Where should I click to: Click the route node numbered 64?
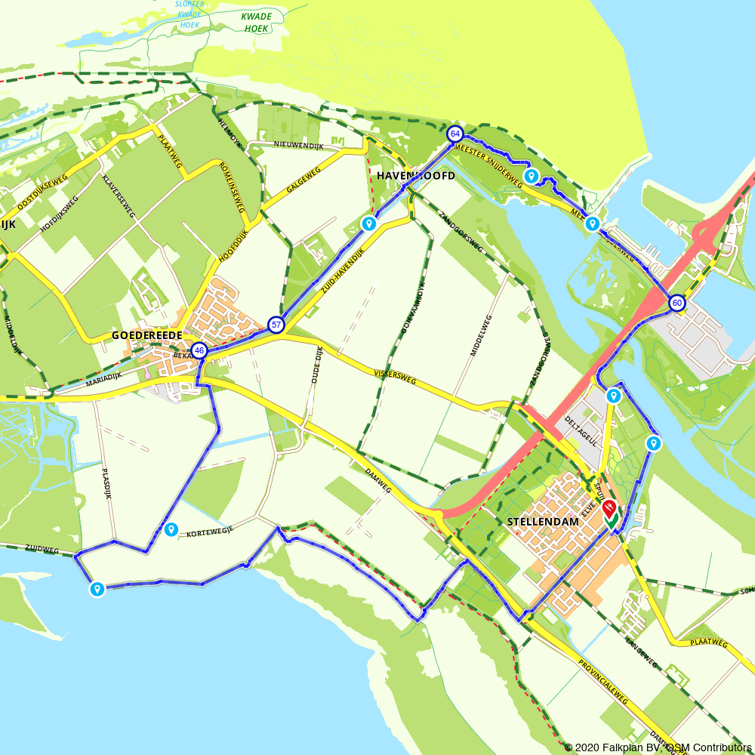(455, 134)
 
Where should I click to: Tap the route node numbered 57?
(276, 325)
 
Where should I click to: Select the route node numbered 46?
(199, 350)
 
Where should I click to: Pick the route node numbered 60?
(676, 304)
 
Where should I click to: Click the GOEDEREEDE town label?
(147, 334)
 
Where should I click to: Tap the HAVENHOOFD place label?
(415, 176)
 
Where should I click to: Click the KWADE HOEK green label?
(257, 22)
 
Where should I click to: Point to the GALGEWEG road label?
(304, 182)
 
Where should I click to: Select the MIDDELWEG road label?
(481, 334)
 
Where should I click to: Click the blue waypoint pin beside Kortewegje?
(171, 529)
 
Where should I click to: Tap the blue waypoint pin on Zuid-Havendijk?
(369, 223)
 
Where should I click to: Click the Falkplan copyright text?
(658, 747)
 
